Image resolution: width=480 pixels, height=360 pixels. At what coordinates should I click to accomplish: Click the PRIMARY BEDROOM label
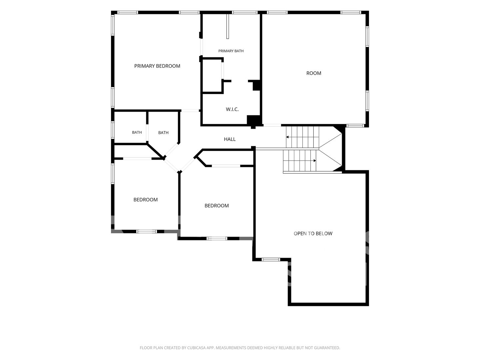pyautogui.click(x=157, y=66)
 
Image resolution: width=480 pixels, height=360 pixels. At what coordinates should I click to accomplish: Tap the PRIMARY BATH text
pyautogui.click(x=231, y=51)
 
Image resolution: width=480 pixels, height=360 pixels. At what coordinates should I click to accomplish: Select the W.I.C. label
pyautogui.click(x=232, y=109)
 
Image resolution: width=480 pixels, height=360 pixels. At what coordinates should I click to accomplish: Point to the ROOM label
pyautogui.click(x=314, y=73)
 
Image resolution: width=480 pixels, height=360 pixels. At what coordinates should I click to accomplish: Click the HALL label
pyautogui.click(x=230, y=139)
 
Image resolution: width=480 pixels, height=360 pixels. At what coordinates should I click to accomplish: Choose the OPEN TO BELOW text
pyautogui.click(x=313, y=233)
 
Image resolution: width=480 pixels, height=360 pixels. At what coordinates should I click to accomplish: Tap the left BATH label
pyautogui.click(x=137, y=132)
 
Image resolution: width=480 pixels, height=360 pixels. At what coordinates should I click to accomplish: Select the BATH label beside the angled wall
pyautogui.click(x=163, y=133)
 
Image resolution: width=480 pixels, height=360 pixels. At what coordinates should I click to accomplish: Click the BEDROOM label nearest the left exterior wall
pyautogui.click(x=145, y=200)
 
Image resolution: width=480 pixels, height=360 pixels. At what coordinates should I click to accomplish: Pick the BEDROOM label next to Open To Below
pyautogui.click(x=216, y=206)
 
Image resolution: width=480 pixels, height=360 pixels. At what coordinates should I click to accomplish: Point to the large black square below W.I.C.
pyautogui.click(x=253, y=120)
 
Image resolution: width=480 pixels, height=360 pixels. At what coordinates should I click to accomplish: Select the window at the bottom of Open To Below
pyautogui.click(x=271, y=260)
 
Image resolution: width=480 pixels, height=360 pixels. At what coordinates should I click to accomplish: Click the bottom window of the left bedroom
pyautogui.click(x=147, y=231)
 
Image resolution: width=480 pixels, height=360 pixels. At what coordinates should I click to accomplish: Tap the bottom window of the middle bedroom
pyautogui.click(x=217, y=238)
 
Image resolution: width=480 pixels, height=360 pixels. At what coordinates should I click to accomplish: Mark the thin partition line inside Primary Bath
pyautogui.click(x=227, y=26)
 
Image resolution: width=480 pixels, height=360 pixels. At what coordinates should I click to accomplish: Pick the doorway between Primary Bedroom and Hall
pyautogui.click(x=190, y=111)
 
